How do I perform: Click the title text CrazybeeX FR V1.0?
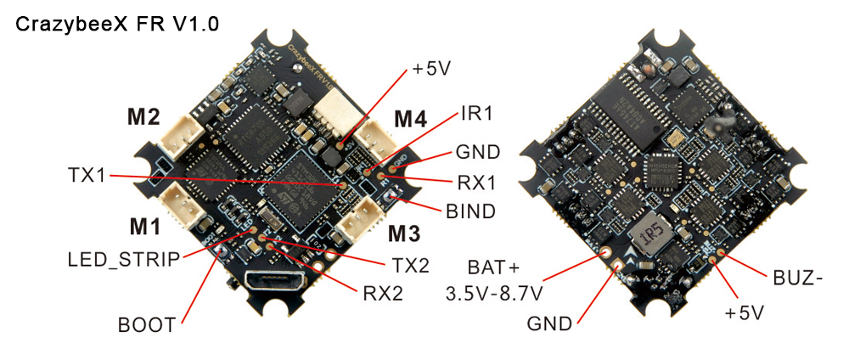click(x=117, y=25)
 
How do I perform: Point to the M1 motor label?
click(x=144, y=228)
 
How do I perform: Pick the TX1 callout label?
click(x=87, y=176)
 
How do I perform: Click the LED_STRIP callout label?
click(x=123, y=259)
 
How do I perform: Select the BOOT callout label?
click(x=147, y=325)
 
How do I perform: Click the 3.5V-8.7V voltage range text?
click(x=494, y=294)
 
